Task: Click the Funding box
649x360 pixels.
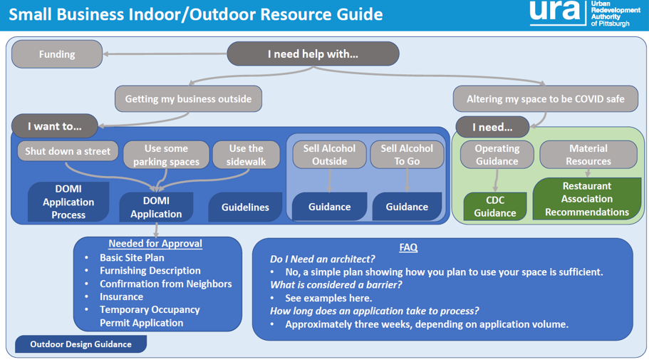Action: click(x=57, y=54)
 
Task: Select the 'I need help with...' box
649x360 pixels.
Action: click(x=313, y=54)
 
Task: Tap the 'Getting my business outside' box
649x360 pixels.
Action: click(x=188, y=99)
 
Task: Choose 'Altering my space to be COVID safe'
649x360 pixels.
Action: click(x=546, y=99)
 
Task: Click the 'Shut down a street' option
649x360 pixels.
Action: click(x=68, y=151)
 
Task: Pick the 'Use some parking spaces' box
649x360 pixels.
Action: click(x=167, y=155)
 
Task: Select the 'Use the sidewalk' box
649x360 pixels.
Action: click(x=246, y=155)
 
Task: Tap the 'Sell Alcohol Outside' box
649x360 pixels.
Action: click(x=329, y=155)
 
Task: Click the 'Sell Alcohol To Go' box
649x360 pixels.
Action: click(x=407, y=155)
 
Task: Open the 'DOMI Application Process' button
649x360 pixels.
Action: click(x=68, y=202)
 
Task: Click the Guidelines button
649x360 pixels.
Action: click(x=246, y=207)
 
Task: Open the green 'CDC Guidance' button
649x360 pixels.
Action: click(x=495, y=206)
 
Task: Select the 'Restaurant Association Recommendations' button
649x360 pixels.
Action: click(x=587, y=199)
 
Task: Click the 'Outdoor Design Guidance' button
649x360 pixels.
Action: click(x=81, y=344)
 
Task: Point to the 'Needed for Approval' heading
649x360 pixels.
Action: click(x=155, y=244)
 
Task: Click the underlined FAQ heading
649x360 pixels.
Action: click(x=408, y=247)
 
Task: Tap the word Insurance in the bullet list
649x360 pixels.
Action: click(x=121, y=297)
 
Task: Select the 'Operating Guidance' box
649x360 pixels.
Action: click(x=497, y=155)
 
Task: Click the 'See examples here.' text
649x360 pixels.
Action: click(x=328, y=298)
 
